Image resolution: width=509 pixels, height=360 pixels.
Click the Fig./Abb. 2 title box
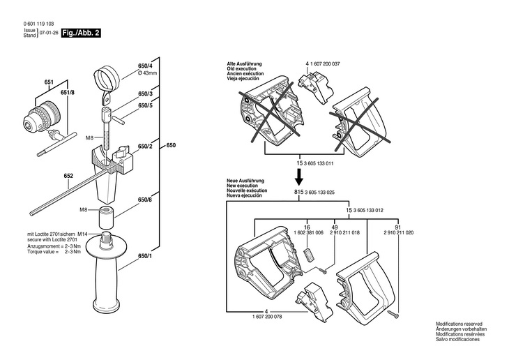pos(81,33)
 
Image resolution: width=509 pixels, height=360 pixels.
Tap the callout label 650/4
pos(146,66)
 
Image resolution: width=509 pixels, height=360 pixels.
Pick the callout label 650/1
pos(145,257)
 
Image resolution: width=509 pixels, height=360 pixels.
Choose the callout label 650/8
pos(145,200)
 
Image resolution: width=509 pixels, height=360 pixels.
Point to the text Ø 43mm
pos(149,73)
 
